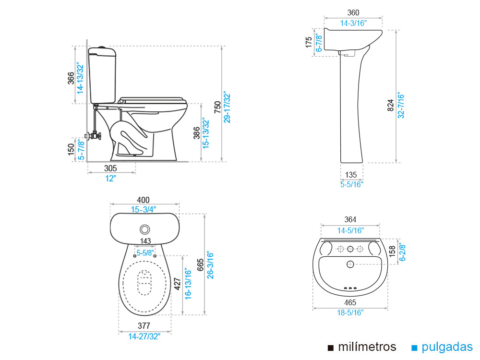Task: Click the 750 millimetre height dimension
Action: point(217,107)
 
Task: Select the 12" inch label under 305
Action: point(111,178)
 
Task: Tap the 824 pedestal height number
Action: point(391,105)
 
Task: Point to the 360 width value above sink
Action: point(353,12)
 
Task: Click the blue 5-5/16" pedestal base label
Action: point(352,184)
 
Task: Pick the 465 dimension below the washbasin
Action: point(350,302)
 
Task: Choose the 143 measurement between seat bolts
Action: point(145,241)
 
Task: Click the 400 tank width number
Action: point(143,200)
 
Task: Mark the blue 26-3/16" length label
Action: point(211,265)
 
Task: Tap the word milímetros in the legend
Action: point(367,347)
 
